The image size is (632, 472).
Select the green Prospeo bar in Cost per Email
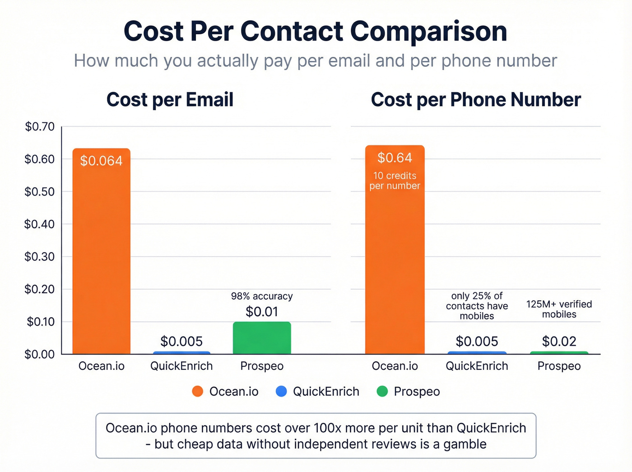pyautogui.click(x=262, y=338)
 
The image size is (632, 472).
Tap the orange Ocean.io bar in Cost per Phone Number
pyautogui.click(x=395, y=271)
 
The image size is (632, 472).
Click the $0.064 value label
pyautogui.click(x=101, y=161)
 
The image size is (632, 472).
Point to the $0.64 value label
pyautogui.click(x=395, y=158)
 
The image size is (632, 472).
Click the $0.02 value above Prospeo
pyautogui.click(x=559, y=341)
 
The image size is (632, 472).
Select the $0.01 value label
pyautogui.click(x=262, y=312)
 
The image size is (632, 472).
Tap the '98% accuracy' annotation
pyautogui.click(x=262, y=296)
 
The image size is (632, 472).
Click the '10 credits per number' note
pyautogui.click(x=395, y=181)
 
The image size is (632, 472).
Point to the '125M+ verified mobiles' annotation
pyautogui.click(x=559, y=309)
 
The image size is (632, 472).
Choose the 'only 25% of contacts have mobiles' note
pyautogui.click(x=477, y=306)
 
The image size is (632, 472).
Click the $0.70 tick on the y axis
pyautogui.click(x=39, y=127)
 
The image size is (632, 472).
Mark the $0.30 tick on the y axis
pyautogui.click(x=39, y=257)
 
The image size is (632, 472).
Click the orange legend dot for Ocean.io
pyautogui.click(x=197, y=391)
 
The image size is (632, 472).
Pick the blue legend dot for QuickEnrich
pyautogui.click(x=281, y=391)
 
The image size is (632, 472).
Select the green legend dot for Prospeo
pyautogui.click(x=382, y=391)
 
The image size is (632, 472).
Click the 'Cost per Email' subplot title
pyautogui.click(x=170, y=100)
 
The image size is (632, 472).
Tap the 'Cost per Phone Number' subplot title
pyautogui.click(x=476, y=100)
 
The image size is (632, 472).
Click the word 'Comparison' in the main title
pyautogui.click(x=428, y=32)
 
